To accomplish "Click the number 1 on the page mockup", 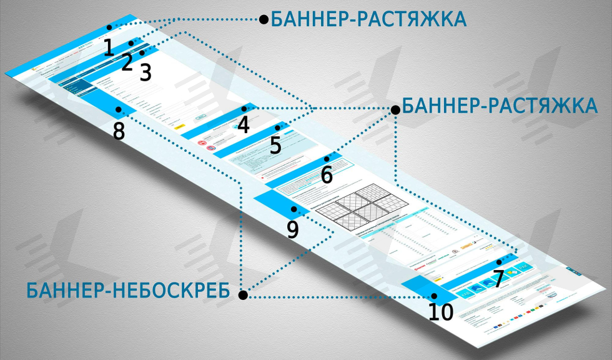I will (109, 47).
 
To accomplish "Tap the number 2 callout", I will (127, 61).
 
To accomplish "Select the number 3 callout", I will (146, 72).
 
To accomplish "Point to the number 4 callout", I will (244, 125).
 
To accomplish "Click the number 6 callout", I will (327, 175).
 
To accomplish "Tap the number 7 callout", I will (498, 279).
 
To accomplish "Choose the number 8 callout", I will (119, 132).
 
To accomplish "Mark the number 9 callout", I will (293, 229).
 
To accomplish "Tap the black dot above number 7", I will (498, 262).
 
